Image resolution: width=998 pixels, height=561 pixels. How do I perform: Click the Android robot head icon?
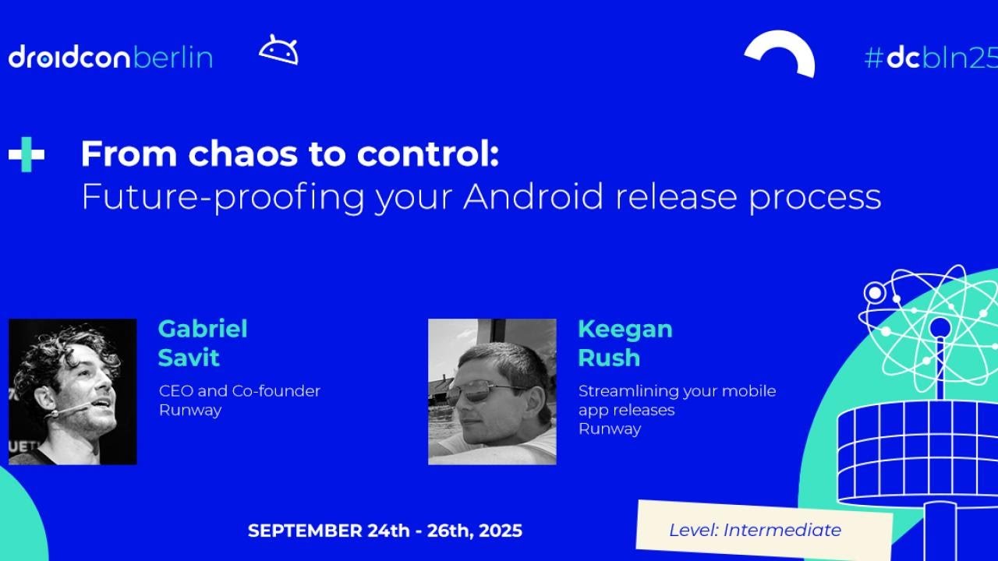[x=278, y=51]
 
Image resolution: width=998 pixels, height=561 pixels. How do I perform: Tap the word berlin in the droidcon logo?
[x=172, y=58]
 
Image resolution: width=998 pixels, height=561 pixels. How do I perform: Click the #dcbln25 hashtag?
[x=930, y=58]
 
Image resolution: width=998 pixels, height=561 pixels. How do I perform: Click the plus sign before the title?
[x=27, y=154]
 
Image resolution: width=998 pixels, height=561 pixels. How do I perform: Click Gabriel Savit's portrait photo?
[x=73, y=391]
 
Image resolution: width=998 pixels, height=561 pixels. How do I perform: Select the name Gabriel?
[x=203, y=329]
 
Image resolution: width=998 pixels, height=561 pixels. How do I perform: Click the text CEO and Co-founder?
[x=239, y=391]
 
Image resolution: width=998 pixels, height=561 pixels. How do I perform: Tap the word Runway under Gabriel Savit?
[x=190, y=411]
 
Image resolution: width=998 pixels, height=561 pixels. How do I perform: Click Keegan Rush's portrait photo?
[x=492, y=391]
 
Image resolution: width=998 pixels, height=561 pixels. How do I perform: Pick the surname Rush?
[x=608, y=358]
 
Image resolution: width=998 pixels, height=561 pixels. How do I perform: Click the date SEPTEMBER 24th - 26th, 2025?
[x=385, y=531]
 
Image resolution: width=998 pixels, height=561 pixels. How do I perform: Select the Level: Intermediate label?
[x=755, y=531]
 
